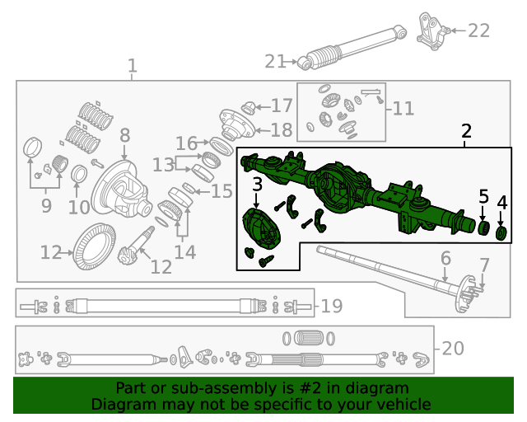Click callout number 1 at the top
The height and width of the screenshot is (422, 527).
(x=133, y=66)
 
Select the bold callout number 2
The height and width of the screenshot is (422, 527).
(x=466, y=131)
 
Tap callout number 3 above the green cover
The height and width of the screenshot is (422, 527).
(x=258, y=185)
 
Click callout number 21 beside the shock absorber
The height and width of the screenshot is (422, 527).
(x=274, y=61)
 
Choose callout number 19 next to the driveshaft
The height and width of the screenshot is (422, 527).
(x=331, y=307)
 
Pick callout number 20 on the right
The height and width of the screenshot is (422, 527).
(x=453, y=349)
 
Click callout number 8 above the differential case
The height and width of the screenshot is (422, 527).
(x=124, y=135)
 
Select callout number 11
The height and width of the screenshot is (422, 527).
(x=403, y=108)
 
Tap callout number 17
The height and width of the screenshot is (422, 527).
(x=282, y=105)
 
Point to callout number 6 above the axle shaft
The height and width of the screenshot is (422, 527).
(x=445, y=259)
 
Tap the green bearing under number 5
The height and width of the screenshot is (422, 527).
(x=484, y=227)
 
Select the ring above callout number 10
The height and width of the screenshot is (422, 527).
(x=80, y=175)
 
